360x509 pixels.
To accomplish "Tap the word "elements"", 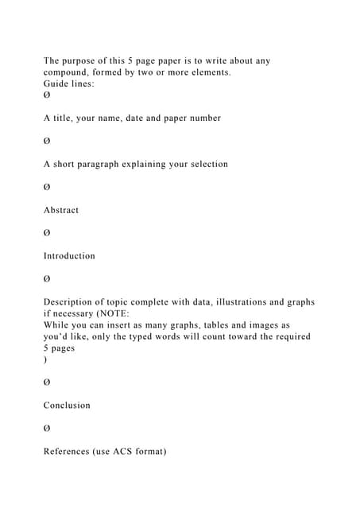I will pyautogui.click(x=209, y=72).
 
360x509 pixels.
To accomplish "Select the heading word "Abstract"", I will pyautogui.click(x=61, y=210).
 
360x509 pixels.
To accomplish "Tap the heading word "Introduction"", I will pyautogui.click(x=69, y=256).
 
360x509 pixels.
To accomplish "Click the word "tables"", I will pyautogui.click(x=192, y=325).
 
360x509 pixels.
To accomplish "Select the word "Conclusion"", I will pyautogui.click(x=67, y=405).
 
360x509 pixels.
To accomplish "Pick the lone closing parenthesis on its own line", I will pyautogui.click(x=45, y=359).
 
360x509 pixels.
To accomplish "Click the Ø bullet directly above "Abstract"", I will pyautogui.click(x=47, y=187).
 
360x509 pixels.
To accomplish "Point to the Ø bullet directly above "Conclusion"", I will pyautogui.click(x=47, y=383).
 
